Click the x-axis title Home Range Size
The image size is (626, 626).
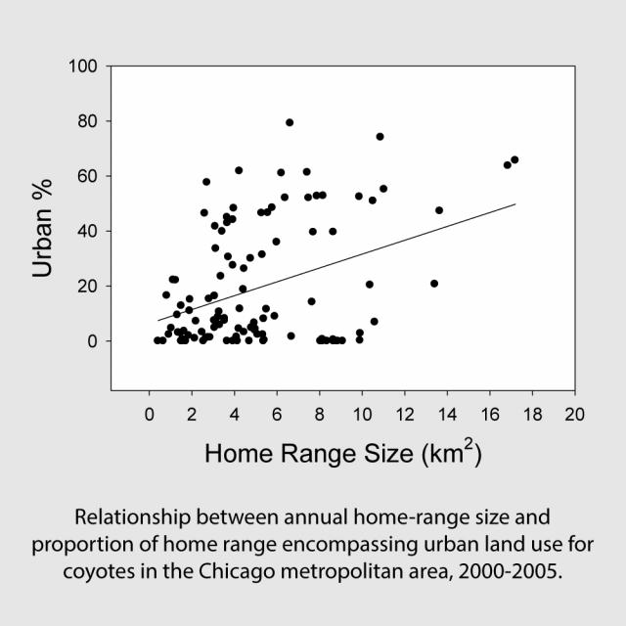coord(342,455)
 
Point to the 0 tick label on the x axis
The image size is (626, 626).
coord(149,414)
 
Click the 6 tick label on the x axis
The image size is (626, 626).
coord(277,414)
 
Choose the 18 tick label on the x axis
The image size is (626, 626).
coord(532,414)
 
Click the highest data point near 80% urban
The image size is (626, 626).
coord(290,122)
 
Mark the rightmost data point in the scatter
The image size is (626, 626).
coord(514,159)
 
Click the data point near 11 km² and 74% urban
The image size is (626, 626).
coord(380,137)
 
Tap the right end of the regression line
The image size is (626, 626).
coord(514,204)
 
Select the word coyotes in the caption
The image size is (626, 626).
coord(108,571)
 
